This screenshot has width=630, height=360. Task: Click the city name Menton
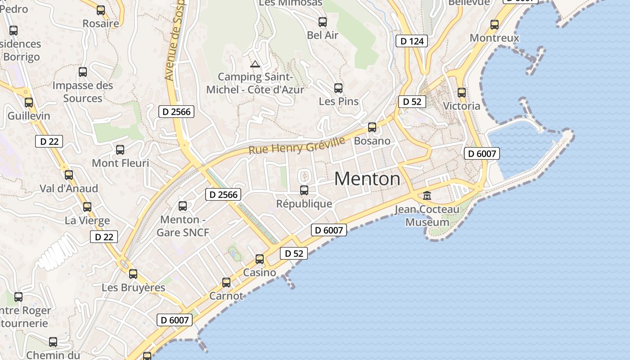(367, 179)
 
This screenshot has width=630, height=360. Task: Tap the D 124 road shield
(411, 41)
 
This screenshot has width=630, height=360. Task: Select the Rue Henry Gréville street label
(297, 145)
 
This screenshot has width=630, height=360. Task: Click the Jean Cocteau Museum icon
(427, 196)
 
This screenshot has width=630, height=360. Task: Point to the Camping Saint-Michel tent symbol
(255, 64)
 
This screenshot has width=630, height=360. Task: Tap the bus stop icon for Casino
(260, 259)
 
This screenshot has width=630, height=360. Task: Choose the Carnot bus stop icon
(226, 283)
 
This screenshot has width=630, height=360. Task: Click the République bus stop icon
(304, 190)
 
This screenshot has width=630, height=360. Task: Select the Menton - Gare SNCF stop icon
(183, 206)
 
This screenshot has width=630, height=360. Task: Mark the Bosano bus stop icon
(372, 127)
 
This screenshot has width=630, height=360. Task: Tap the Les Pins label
(339, 101)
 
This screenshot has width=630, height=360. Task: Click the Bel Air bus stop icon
(323, 22)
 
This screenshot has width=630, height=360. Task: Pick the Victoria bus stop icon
(462, 93)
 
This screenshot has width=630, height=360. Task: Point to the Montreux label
(495, 38)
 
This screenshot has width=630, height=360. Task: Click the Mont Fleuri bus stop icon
(120, 150)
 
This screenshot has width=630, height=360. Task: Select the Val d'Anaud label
(69, 188)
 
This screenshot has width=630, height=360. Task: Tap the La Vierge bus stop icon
(87, 207)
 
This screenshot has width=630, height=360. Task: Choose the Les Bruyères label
(134, 287)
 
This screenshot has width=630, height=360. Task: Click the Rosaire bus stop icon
(101, 10)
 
